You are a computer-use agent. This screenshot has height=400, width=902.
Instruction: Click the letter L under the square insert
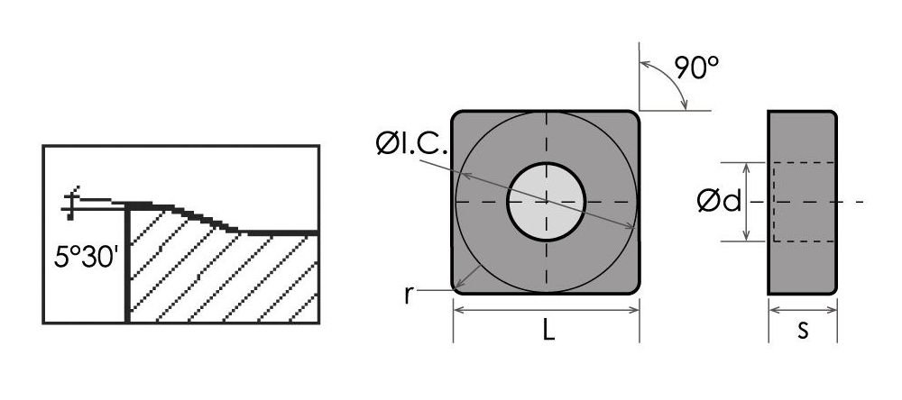tap(548, 331)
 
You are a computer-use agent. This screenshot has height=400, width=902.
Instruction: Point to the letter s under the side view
tap(802, 331)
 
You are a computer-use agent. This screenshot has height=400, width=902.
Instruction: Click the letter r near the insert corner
tap(409, 295)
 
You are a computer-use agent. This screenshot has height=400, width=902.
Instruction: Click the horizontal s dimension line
tap(802, 310)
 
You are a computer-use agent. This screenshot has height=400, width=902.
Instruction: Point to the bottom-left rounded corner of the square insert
tap(458, 286)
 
